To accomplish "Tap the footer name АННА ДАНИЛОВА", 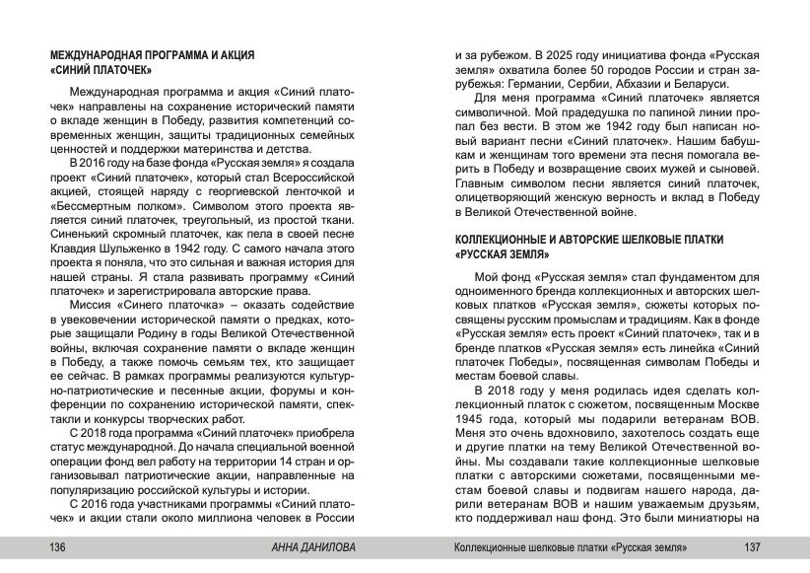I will (313, 547).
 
